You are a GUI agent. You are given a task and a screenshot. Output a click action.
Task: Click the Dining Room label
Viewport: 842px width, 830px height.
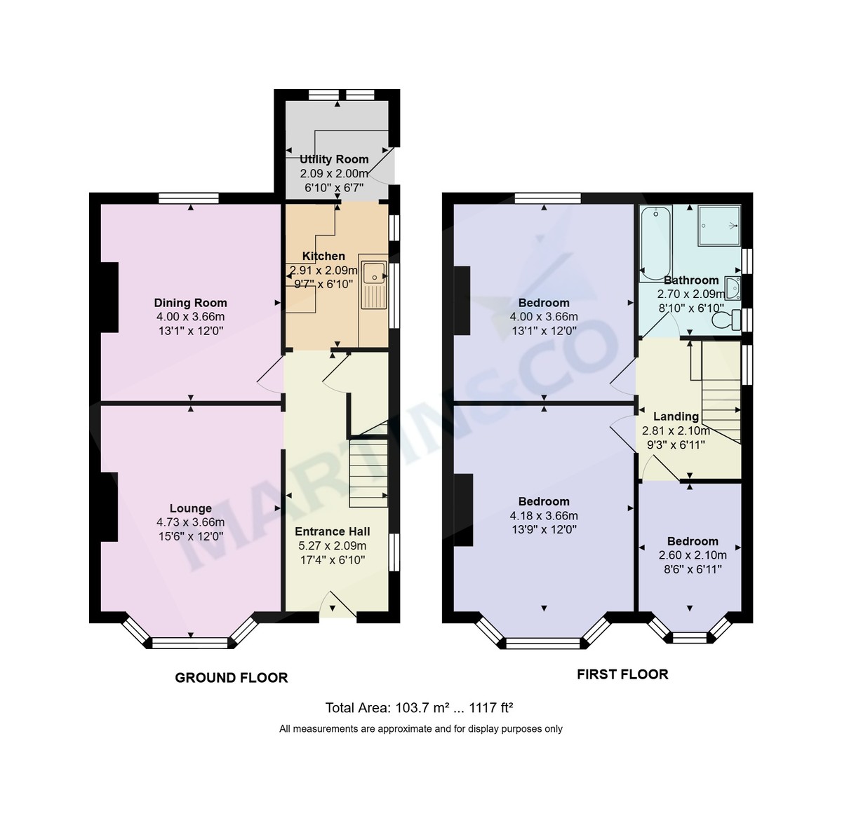click(190, 303)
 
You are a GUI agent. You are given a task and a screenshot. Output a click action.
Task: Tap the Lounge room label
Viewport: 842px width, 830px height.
click(190, 508)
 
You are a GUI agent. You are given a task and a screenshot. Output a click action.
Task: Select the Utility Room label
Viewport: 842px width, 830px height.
click(334, 159)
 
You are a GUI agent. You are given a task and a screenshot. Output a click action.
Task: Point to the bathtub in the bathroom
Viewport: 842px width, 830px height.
click(654, 242)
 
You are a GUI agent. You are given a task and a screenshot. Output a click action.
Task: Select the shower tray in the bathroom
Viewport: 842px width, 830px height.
click(720, 226)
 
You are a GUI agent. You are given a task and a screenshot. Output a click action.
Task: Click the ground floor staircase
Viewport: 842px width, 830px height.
click(368, 470)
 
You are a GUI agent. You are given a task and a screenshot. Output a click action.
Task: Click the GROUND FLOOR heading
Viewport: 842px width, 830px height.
click(231, 678)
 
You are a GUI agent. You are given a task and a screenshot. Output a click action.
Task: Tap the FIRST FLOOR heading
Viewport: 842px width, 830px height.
click(622, 674)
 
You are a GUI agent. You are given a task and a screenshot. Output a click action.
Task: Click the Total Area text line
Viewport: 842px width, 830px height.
click(421, 707)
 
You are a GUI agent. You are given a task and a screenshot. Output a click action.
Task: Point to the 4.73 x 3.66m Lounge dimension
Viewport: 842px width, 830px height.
click(190, 522)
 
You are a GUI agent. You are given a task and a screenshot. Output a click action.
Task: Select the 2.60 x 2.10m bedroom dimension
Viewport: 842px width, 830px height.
click(692, 555)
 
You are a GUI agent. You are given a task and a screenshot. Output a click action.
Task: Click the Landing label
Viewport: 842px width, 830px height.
click(676, 416)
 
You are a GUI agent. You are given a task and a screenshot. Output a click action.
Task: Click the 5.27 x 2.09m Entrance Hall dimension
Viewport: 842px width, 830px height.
click(332, 545)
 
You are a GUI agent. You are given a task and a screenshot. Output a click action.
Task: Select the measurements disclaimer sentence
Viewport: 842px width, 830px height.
click(421, 729)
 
